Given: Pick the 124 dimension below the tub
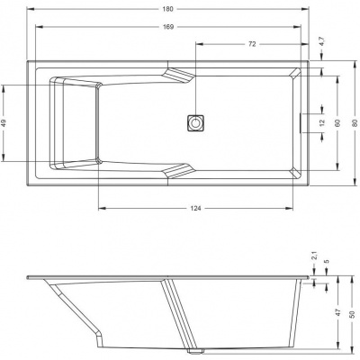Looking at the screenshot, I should point(195,209).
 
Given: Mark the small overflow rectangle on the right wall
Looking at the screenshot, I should point(300,122).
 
